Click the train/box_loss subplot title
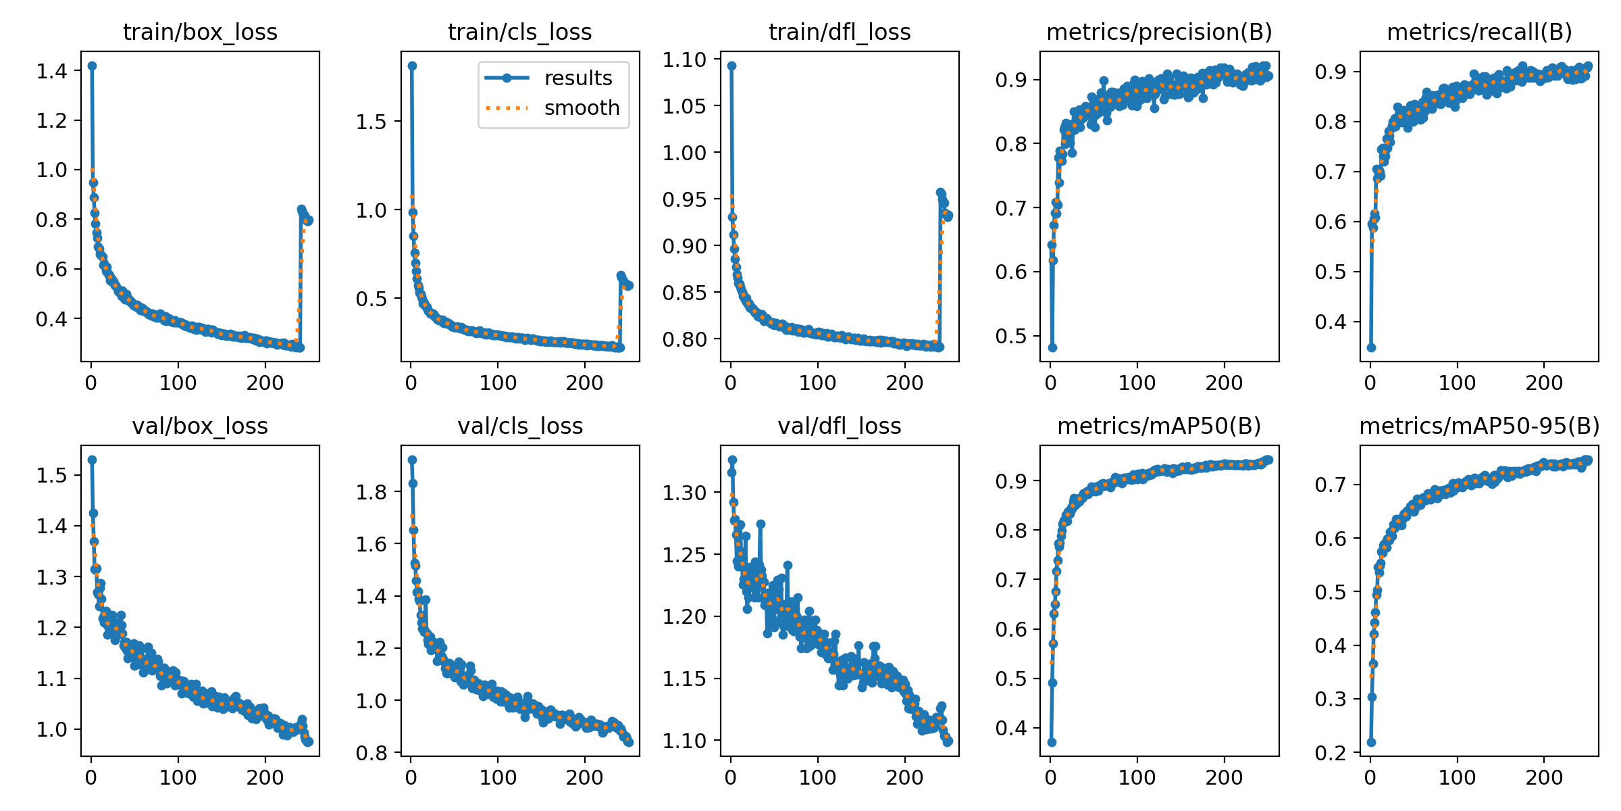click(x=200, y=32)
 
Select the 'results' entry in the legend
click(x=577, y=78)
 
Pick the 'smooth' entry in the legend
click(x=582, y=107)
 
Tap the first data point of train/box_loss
click(x=92, y=66)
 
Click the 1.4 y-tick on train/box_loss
click(x=53, y=71)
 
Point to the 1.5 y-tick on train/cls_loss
click(x=372, y=122)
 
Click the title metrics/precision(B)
click(x=1159, y=32)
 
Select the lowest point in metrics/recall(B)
click(x=1371, y=347)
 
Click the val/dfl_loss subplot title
click(x=840, y=426)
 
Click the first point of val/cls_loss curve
click(x=412, y=460)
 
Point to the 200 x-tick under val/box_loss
click(x=265, y=777)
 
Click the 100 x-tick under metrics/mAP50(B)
click(x=1137, y=777)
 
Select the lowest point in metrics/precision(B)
click(x=1052, y=347)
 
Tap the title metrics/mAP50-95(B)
click(x=1479, y=426)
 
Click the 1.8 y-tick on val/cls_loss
click(x=372, y=492)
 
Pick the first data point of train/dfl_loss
click(x=731, y=66)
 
